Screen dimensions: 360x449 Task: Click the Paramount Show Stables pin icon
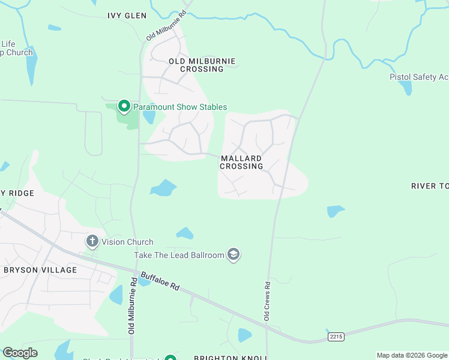[x=124, y=107]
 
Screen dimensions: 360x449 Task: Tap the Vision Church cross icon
[x=92, y=242]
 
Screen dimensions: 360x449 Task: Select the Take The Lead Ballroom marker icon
[x=234, y=255]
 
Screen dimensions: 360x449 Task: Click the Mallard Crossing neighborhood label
[x=241, y=162]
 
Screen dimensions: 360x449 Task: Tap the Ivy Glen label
[x=127, y=16]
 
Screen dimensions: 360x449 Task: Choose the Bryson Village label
[x=40, y=270]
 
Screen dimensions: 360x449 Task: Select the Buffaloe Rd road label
[x=160, y=281]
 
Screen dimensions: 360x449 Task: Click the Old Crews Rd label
[x=268, y=299]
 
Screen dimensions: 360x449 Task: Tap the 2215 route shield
[x=336, y=337]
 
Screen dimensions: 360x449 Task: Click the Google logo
[x=20, y=353]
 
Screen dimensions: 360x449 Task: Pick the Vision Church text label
[x=127, y=242]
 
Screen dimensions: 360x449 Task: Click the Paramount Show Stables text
[x=180, y=107]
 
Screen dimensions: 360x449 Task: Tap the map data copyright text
[x=412, y=355]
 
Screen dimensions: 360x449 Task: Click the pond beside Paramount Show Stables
[x=149, y=116]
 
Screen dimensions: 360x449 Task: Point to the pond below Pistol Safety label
[x=406, y=88]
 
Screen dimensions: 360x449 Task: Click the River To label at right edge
[x=430, y=186]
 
